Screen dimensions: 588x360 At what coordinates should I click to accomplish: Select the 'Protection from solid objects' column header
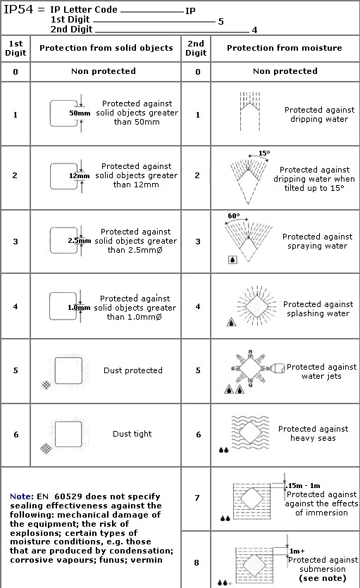tap(106, 48)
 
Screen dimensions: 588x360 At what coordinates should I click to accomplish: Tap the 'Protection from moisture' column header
tap(285, 48)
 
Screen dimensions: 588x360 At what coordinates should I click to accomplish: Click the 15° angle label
tap(264, 153)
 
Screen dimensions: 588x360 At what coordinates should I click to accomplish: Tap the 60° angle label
tap(233, 216)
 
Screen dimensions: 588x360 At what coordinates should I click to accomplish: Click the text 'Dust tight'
tap(132, 434)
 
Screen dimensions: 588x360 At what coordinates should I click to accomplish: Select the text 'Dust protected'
tap(132, 370)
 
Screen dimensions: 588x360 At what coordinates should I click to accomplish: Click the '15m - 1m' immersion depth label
tap(304, 486)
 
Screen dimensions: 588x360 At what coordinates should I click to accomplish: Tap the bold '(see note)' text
tap(323, 578)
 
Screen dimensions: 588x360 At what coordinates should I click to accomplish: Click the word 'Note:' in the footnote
tap(21, 496)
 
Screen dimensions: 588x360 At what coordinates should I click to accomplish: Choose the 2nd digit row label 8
tap(198, 563)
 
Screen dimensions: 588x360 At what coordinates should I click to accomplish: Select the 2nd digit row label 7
tap(198, 497)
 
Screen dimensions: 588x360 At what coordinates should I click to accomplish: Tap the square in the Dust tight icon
tap(68, 434)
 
